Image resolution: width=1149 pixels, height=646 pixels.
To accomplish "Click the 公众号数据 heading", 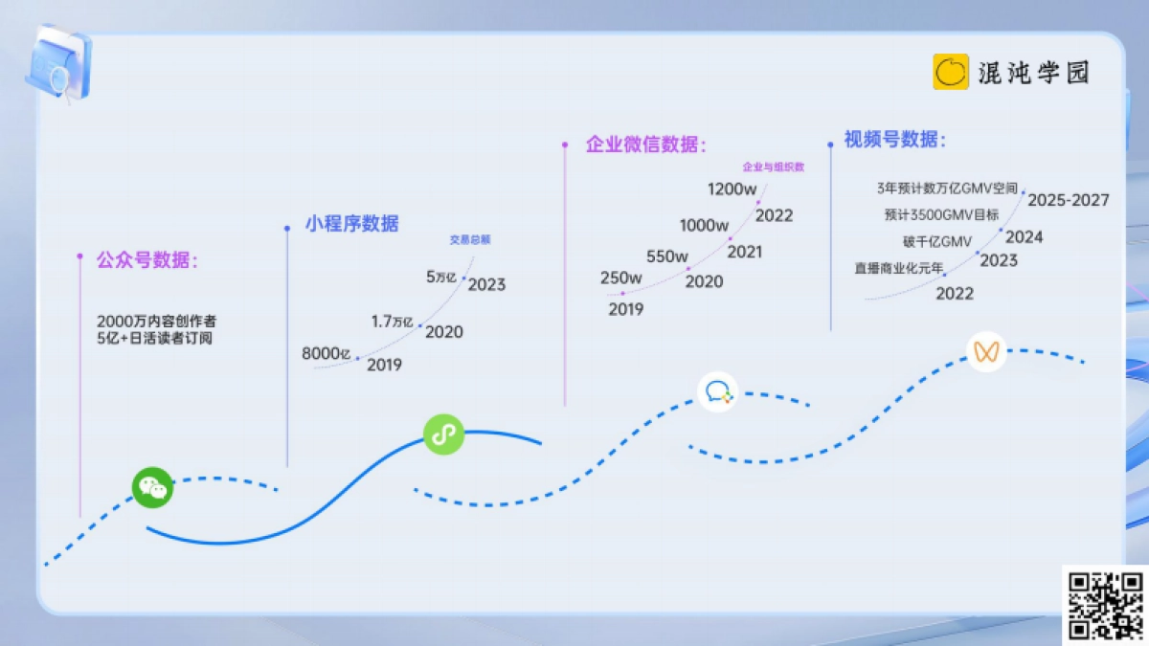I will pyautogui.click(x=146, y=259).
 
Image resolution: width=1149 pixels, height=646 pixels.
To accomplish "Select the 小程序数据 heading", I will pyautogui.click(x=351, y=224).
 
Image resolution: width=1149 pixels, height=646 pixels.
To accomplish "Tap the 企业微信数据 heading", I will pyautogui.click(x=645, y=145).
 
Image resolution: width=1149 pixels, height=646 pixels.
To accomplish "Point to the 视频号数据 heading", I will pyautogui.click(x=894, y=140).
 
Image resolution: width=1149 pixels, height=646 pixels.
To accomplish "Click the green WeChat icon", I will pyautogui.click(x=152, y=488).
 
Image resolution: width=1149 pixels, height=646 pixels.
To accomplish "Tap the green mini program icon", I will pyautogui.click(x=443, y=434).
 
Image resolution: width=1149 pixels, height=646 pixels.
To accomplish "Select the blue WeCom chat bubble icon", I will pyautogui.click(x=718, y=391).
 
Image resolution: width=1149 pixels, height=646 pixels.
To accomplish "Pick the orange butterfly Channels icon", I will pyautogui.click(x=986, y=351).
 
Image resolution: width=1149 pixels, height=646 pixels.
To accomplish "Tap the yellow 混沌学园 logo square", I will pyautogui.click(x=951, y=72).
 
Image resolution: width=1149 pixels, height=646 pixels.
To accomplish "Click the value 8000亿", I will pyautogui.click(x=327, y=354).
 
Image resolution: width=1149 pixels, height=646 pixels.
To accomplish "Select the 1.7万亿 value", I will pyautogui.click(x=393, y=322).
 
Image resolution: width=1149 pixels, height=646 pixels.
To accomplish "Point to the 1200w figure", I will pyautogui.click(x=732, y=189).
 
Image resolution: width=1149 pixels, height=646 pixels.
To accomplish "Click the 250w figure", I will pyautogui.click(x=621, y=278).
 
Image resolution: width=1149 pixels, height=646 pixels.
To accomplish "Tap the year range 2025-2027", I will pyautogui.click(x=1068, y=200).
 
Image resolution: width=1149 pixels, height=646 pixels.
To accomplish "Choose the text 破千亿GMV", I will pyautogui.click(x=936, y=241).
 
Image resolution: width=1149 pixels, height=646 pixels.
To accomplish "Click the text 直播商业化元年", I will pyautogui.click(x=898, y=269).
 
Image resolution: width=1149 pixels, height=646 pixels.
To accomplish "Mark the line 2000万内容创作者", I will pyautogui.click(x=156, y=321).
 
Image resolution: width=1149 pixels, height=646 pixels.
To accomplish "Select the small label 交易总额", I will pyautogui.click(x=470, y=240).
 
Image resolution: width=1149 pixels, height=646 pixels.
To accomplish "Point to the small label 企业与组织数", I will pyautogui.click(x=773, y=167).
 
